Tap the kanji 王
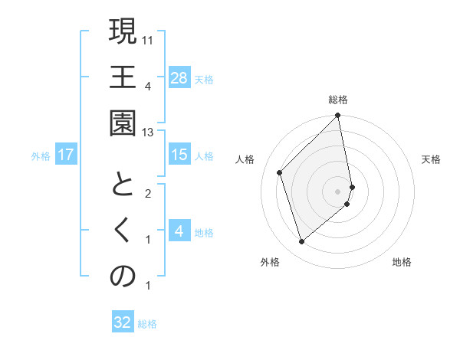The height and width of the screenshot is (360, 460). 123,77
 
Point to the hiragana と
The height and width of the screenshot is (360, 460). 123,185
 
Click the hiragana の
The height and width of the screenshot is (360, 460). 123,277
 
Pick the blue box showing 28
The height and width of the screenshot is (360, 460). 179,78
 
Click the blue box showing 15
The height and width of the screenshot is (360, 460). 179,155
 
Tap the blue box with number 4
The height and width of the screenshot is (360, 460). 179,231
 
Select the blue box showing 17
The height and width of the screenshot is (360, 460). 66,155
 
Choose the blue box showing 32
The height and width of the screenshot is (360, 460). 123,322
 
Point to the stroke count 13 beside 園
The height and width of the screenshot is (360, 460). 149,133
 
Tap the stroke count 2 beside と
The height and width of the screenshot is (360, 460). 148,194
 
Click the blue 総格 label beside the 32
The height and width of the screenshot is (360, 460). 147,323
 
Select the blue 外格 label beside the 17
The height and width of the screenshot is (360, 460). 41,155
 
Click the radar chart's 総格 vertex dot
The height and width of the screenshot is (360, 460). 337,116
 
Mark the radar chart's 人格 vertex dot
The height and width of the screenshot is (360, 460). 280,172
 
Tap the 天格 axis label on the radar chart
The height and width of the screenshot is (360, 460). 431,159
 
